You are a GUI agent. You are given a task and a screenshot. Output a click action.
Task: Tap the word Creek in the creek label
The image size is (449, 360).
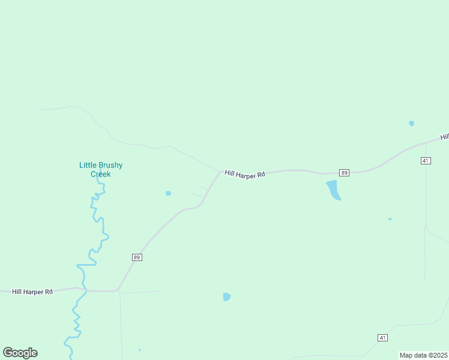pyautogui.click(x=101, y=174)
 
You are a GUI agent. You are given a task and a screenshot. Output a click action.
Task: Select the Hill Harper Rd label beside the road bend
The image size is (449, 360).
pyautogui.click(x=245, y=174)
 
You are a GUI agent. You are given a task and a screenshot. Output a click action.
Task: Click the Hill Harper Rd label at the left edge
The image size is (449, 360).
pyautogui.click(x=32, y=292)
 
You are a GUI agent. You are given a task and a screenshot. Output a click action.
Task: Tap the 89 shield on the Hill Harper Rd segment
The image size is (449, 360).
pyautogui.click(x=344, y=173)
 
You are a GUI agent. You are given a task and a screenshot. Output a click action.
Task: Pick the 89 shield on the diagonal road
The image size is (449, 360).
pyautogui.click(x=137, y=257)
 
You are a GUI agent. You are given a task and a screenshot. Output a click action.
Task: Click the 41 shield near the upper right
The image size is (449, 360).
pyautogui.click(x=426, y=161)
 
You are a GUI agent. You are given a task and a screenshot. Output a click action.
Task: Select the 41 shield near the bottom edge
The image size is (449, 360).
pyautogui.click(x=382, y=338)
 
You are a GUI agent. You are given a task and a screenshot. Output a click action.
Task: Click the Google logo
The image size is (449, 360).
pyautogui.click(x=20, y=353)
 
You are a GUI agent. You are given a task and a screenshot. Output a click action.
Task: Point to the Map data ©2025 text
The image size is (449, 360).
pyautogui.click(x=423, y=355)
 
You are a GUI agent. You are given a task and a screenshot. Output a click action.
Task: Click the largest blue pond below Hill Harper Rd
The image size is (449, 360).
pyautogui.click(x=333, y=190)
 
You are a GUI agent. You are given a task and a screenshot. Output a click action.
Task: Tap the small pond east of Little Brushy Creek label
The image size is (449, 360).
pyautogui.click(x=168, y=193)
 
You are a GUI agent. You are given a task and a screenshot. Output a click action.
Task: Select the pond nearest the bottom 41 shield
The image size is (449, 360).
pyautogui.click(x=226, y=296)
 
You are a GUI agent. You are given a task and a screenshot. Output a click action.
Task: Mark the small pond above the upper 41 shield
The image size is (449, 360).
pyautogui.click(x=411, y=124)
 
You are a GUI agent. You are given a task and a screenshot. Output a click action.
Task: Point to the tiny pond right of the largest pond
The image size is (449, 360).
pyautogui.click(x=390, y=219)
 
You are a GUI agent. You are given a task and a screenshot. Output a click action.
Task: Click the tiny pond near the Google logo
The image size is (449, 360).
pyautogui.click(x=139, y=350)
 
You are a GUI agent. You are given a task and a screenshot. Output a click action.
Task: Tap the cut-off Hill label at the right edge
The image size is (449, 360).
pyautogui.click(x=444, y=137)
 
